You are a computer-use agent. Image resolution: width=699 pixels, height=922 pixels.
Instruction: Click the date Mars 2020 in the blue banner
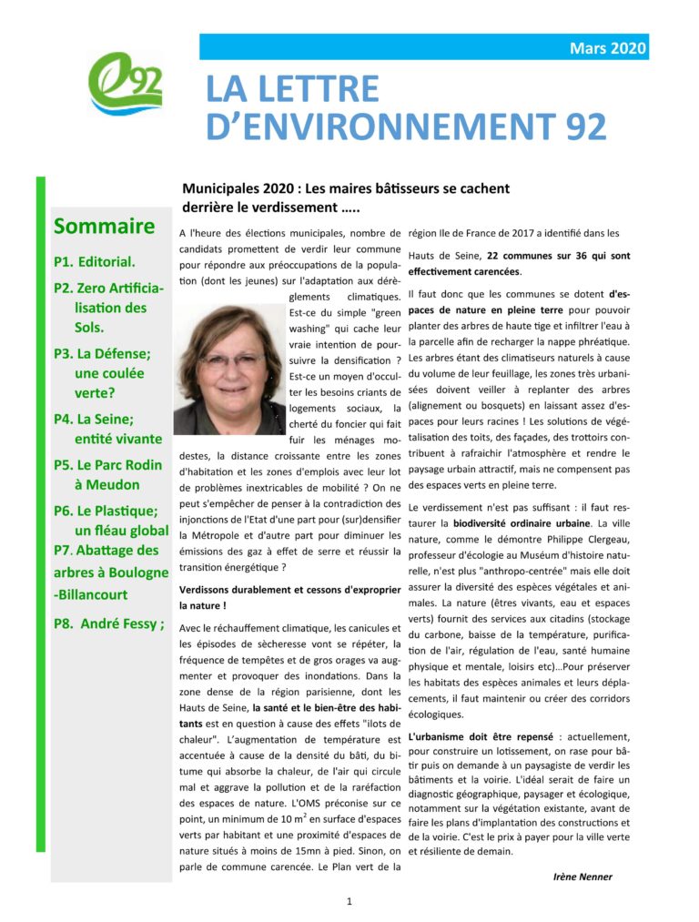pos(608,47)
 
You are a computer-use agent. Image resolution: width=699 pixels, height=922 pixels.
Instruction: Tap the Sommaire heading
pos(104,226)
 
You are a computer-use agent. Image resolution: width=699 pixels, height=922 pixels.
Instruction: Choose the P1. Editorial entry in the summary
pos(95,261)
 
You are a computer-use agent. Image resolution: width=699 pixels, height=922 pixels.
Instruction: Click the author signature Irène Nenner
pos(582,876)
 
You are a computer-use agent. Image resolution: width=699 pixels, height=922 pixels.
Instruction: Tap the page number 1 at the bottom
pos(349,901)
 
